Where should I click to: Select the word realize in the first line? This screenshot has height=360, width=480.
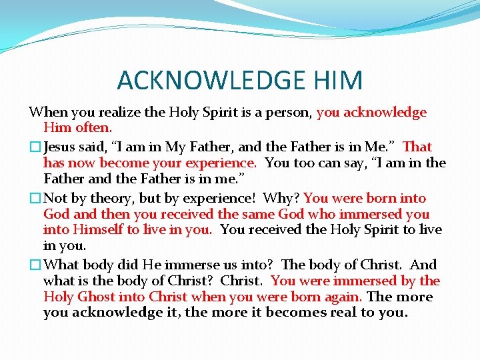[x=116, y=112]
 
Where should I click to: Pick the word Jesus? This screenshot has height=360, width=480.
[x=61, y=147]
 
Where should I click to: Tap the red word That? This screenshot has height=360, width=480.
[x=417, y=147]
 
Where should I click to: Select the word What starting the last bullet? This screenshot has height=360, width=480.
[x=62, y=264]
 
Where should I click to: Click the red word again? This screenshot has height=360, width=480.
[x=343, y=297]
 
